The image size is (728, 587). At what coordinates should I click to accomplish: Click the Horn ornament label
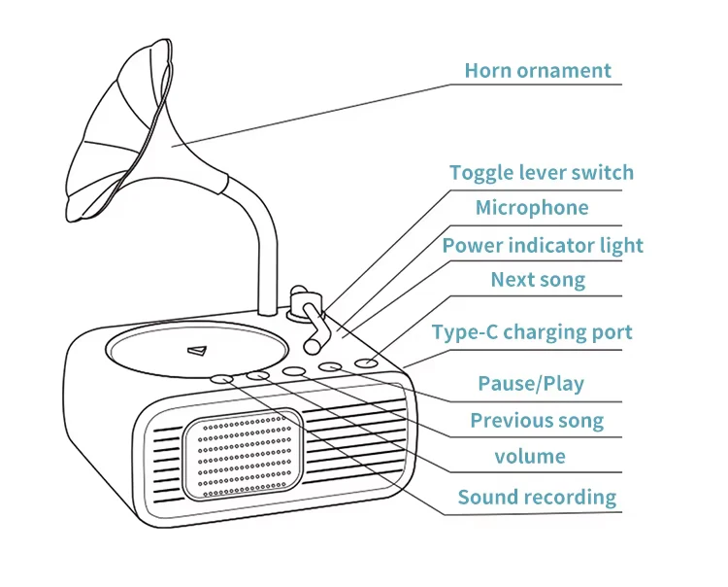(x=538, y=70)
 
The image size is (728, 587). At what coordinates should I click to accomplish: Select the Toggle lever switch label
(x=541, y=173)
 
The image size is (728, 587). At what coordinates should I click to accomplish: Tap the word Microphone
(x=531, y=208)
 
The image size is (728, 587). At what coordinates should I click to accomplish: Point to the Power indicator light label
(x=543, y=245)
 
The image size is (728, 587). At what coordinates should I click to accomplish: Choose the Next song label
(x=537, y=280)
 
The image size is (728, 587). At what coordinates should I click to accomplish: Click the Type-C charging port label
(x=532, y=332)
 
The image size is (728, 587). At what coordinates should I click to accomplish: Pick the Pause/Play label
(x=530, y=383)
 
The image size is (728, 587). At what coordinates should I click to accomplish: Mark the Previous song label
(x=537, y=421)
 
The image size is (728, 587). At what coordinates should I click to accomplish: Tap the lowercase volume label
(x=529, y=456)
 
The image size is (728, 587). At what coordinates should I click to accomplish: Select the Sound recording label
(x=537, y=498)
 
